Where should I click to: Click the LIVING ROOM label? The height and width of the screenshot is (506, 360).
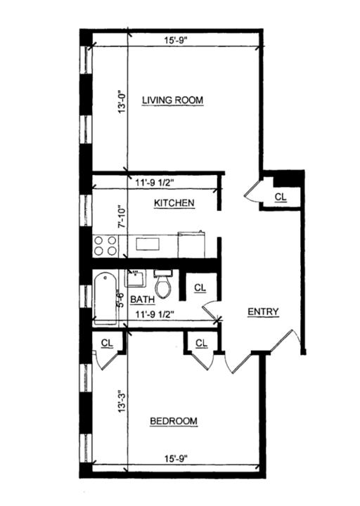[172, 100]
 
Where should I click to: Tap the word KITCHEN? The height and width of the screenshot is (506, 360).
[174, 203]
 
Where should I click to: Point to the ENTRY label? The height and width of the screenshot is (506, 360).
[263, 312]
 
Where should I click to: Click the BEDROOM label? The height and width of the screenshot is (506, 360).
[174, 421]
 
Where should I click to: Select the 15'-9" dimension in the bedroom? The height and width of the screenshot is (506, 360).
[174, 459]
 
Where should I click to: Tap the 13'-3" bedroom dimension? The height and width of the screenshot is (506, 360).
[121, 418]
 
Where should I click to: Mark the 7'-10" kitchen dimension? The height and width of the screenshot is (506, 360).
[121, 216]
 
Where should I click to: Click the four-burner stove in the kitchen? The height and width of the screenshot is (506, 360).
[105, 245]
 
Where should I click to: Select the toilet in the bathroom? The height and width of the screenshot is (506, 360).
[163, 284]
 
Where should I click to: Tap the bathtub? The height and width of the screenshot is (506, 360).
[105, 297]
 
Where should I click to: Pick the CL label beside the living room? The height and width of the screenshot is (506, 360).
[281, 197]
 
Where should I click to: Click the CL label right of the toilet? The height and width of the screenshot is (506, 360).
[200, 287]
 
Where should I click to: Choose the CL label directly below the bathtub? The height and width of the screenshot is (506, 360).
[107, 342]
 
